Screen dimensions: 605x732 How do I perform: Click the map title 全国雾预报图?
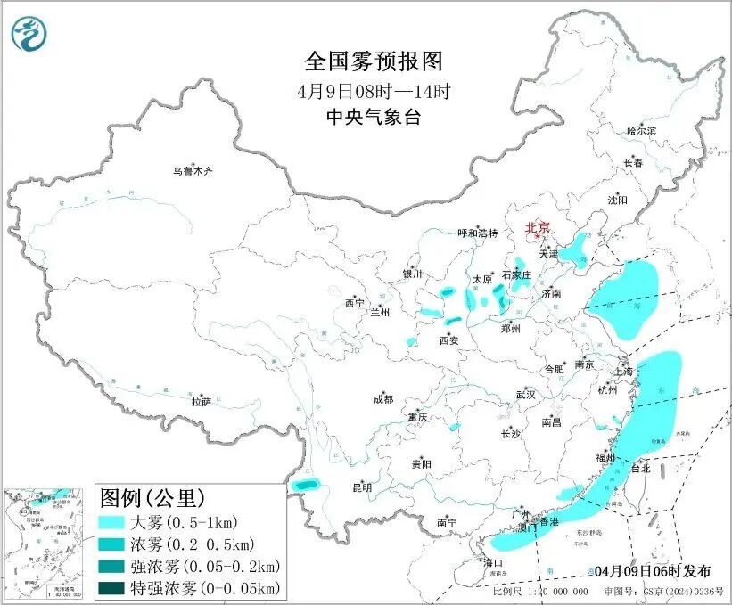374,61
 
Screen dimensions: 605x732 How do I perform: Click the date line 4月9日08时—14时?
374,90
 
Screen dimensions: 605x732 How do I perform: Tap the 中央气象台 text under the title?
374,117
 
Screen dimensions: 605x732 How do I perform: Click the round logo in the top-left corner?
29,34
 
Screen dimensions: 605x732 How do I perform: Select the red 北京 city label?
539,228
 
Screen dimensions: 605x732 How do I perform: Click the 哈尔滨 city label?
641,131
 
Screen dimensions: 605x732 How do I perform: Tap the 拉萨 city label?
201,403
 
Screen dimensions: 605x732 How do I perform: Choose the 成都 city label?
383,401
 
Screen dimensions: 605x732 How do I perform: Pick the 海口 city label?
493,562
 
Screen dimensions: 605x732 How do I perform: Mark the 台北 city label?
640,468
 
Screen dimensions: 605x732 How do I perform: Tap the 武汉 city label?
525,394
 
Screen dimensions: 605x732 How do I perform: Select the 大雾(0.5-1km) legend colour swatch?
113,522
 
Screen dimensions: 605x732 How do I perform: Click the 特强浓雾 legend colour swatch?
113,587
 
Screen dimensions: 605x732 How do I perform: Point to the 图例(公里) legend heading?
152,496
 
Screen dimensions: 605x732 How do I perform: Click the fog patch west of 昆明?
307,484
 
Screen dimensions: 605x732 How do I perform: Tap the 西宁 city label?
354,303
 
